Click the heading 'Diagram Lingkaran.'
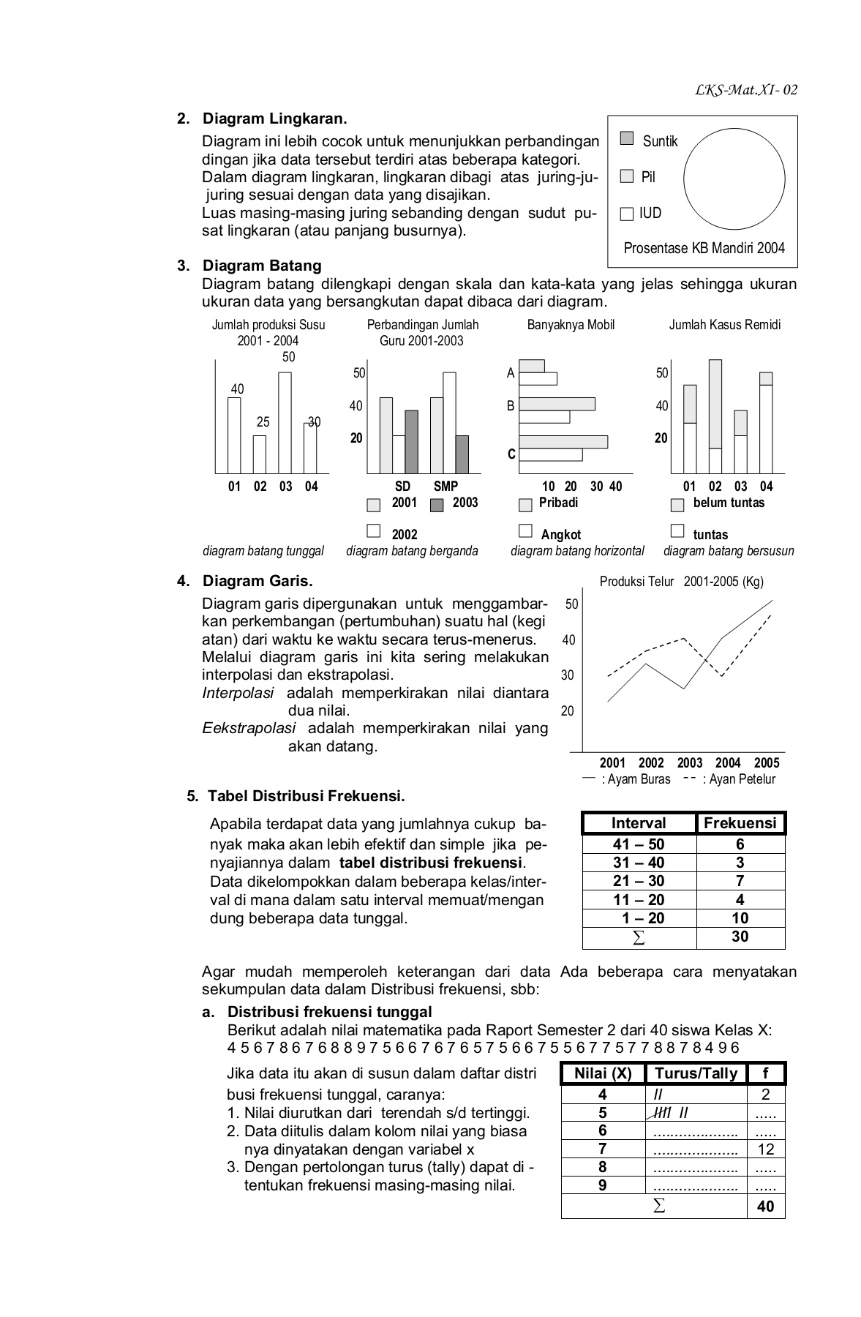pyautogui.click(x=274, y=119)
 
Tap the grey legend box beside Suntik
pyautogui.click(x=626, y=138)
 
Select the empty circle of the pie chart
pyautogui.click(x=734, y=179)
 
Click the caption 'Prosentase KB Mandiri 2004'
pyautogui.click(x=704, y=248)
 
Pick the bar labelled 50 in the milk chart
pyautogui.click(x=285, y=423)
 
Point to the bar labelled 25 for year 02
pyautogui.click(x=260, y=454)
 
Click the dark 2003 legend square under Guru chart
pyautogui.click(x=437, y=505)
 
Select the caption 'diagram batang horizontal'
pyautogui.click(x=577, y=551)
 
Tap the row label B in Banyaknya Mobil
pyautogui.click(x=511, y=405)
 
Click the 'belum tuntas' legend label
pyautogui.click(x=729, y=503)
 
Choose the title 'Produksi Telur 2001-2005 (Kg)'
pyautogui.click(x=681, y=582)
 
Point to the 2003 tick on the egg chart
pyautogui.click(x=689, y=762)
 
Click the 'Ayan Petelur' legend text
pyautogui.click(x=738, y=779)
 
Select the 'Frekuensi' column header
pyautogui.click(x=740, y=823)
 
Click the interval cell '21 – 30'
pyautogui.click(x=639, y=881)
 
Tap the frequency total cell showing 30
pyautogui.click(x=740, y=937)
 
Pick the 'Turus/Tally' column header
pyautogui.click(x=696, y=1073)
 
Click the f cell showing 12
pyautogui.click(x=765, y=1149)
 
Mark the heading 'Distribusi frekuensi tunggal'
pyautogui.click(x=329, y=1012)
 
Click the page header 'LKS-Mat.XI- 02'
pyautogui.click(x=746, y=90)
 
